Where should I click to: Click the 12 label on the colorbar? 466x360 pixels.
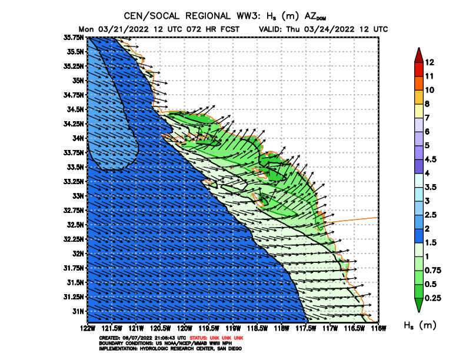pos(430,62)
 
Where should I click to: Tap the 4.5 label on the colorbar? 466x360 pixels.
pos(432,159)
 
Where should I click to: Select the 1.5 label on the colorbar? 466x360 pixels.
pos(432,242)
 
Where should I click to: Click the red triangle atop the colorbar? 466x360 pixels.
pos(418,55)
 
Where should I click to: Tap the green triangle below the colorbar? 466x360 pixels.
pos(418,304)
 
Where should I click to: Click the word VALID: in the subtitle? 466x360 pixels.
pos(271,29)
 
